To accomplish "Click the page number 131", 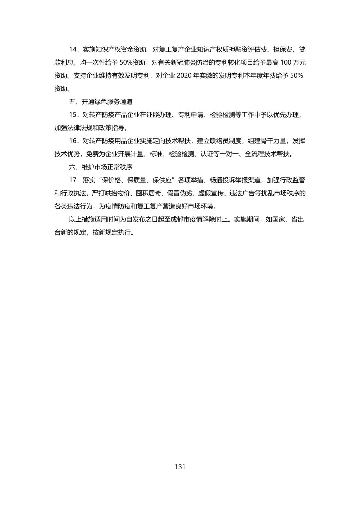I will click(x=180, y=467).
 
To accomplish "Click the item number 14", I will click(x=73, y=50).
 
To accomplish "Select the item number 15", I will click(x=73, y=115).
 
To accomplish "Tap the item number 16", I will click(x=73, y=141).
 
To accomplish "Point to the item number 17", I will click(x=73, y=180).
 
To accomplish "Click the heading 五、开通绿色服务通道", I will click(x=101, y=102).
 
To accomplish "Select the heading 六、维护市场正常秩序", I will click(x=101, y=167).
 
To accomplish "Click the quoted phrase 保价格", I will click(x=112, y=180).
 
